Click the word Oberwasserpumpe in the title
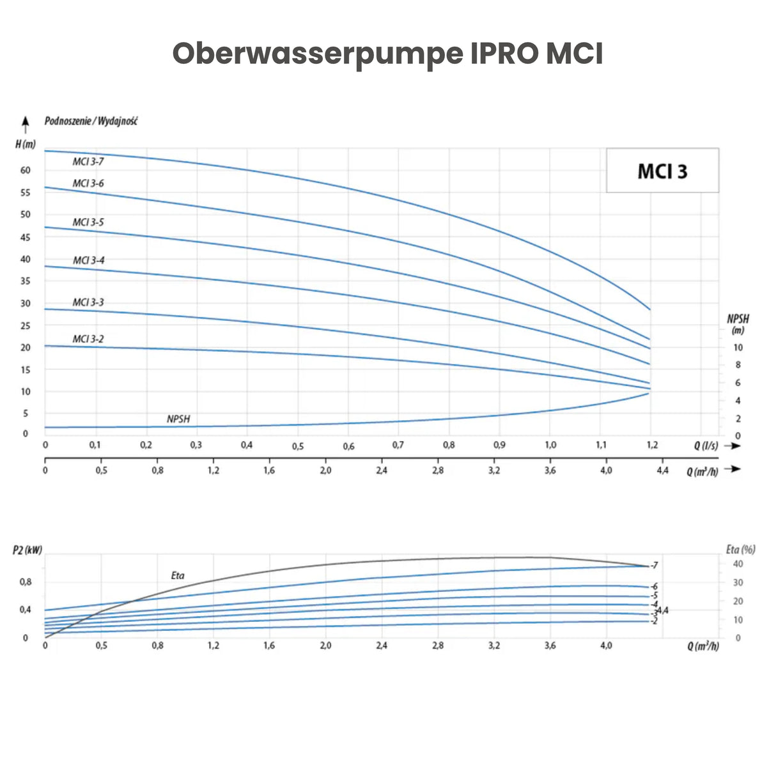tap(317, 54)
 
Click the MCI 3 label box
tap(662, 171)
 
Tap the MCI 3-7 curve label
tap(88, 162)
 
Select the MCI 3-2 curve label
tap(88, 339)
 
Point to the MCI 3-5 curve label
tap(88, 222)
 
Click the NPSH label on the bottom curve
tap(178, 419)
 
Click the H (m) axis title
tap(26, 144)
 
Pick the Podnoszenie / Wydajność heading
tap(91, 121)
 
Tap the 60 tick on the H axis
tap(26, 170)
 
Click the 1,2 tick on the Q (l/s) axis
tap(651, 445)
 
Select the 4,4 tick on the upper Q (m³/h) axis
tap(662, 470)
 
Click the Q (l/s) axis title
tap(706, 446)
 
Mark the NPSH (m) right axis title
tap(738, 323)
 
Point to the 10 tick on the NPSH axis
tap(738, 348)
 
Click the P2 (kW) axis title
tap(27, 550)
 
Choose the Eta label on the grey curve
tap(178, 575)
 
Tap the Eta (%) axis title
tap(740, 549)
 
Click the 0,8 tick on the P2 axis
tap(26, 582)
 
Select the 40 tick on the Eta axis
tap(738, 564)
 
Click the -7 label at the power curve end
tap(653, 566)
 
